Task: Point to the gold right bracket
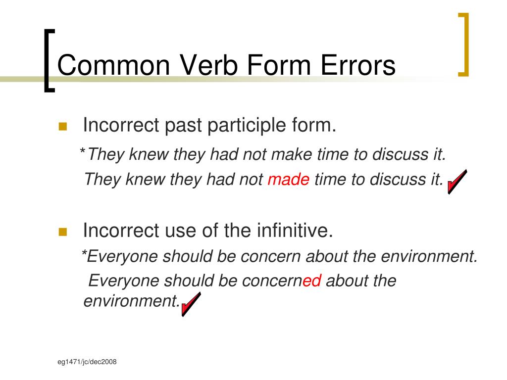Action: pyautogui.click(x=463, y=45)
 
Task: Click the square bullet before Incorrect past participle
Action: pyautogui.click(x=62, y=127)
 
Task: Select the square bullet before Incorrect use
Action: pyautogui.click(x=62, y=232)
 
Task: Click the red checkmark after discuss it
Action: pyautogui.click(x=456, y=182)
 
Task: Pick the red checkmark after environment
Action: pyautogui.click(x=191, y=304)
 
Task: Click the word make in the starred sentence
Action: pyautogui.click(x=291, y=154)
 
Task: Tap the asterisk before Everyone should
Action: pyautogui.click(x=84, y=254)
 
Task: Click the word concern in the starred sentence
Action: pyautogui.click(x=272, y=256)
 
